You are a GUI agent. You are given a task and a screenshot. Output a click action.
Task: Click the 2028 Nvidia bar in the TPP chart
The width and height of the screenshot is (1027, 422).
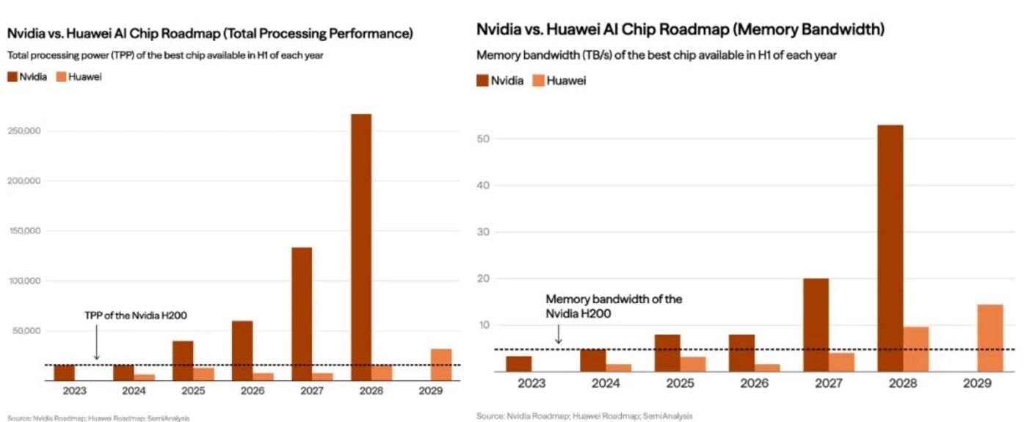tap(360, 247)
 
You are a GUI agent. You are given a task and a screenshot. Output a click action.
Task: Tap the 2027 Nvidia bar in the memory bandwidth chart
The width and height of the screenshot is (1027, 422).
tap(816, 325)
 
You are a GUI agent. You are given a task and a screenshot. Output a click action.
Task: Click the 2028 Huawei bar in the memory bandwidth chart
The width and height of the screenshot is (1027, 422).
tap(915, 349)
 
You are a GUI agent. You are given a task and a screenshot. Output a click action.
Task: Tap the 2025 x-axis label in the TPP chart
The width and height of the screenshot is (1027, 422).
tap(184, 391)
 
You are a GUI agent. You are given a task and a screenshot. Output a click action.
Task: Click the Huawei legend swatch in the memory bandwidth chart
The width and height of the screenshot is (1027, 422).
tap(537, 81)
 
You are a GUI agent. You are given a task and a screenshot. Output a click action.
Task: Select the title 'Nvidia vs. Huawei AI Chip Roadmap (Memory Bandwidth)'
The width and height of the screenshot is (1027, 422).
tap(680, 30)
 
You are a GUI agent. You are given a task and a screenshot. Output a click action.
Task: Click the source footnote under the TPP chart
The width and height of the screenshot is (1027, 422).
tap(99, 418)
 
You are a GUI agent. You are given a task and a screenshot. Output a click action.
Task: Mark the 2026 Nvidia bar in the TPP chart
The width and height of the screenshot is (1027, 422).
tap(242, 350)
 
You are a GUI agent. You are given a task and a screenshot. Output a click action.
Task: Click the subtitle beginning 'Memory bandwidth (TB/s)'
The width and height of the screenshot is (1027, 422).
tap(656, 55)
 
